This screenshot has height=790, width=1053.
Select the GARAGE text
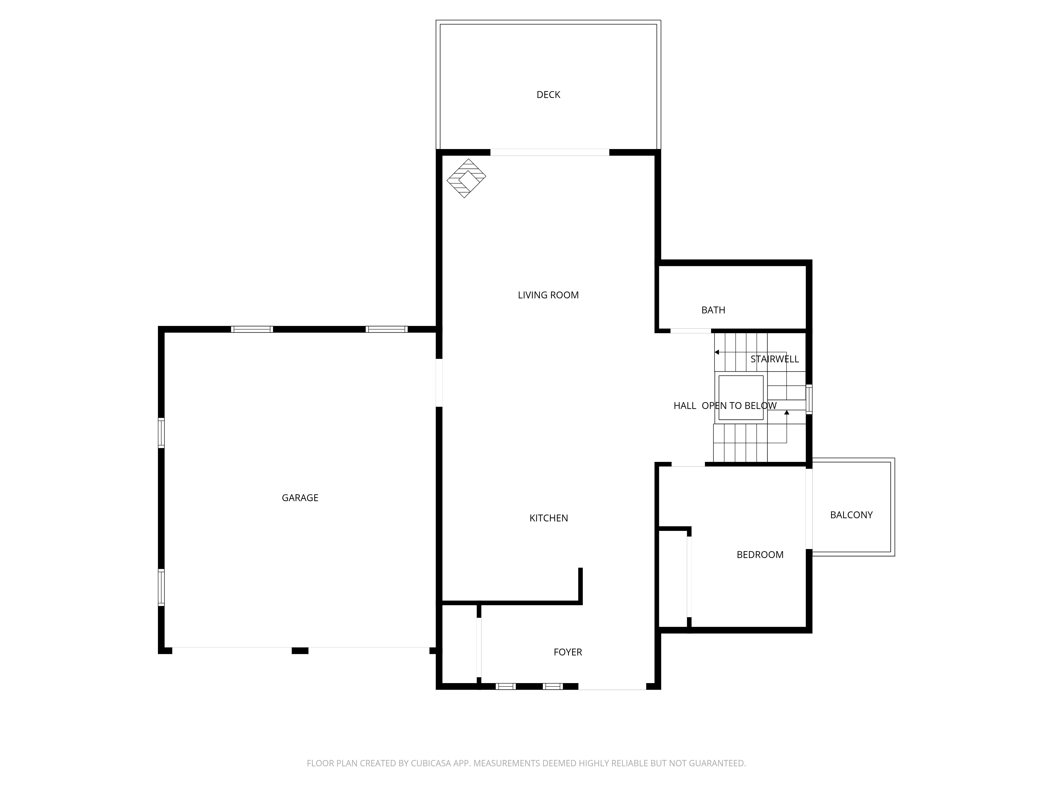click(300, 498)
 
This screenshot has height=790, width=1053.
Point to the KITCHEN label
click(548, 518)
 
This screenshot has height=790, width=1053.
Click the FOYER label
click(568, 652)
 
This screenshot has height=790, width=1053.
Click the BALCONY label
click(851, 515)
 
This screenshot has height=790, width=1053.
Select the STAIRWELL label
click(774, 359)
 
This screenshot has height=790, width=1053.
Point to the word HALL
click(684, 406)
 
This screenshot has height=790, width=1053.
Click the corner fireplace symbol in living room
click(466, 178)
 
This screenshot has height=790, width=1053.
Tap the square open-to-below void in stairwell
click(741, 398)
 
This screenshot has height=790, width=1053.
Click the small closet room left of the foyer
click(459, 645)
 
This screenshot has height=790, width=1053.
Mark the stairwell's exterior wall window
click(809, 399)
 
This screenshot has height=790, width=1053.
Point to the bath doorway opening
click(690, 330)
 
